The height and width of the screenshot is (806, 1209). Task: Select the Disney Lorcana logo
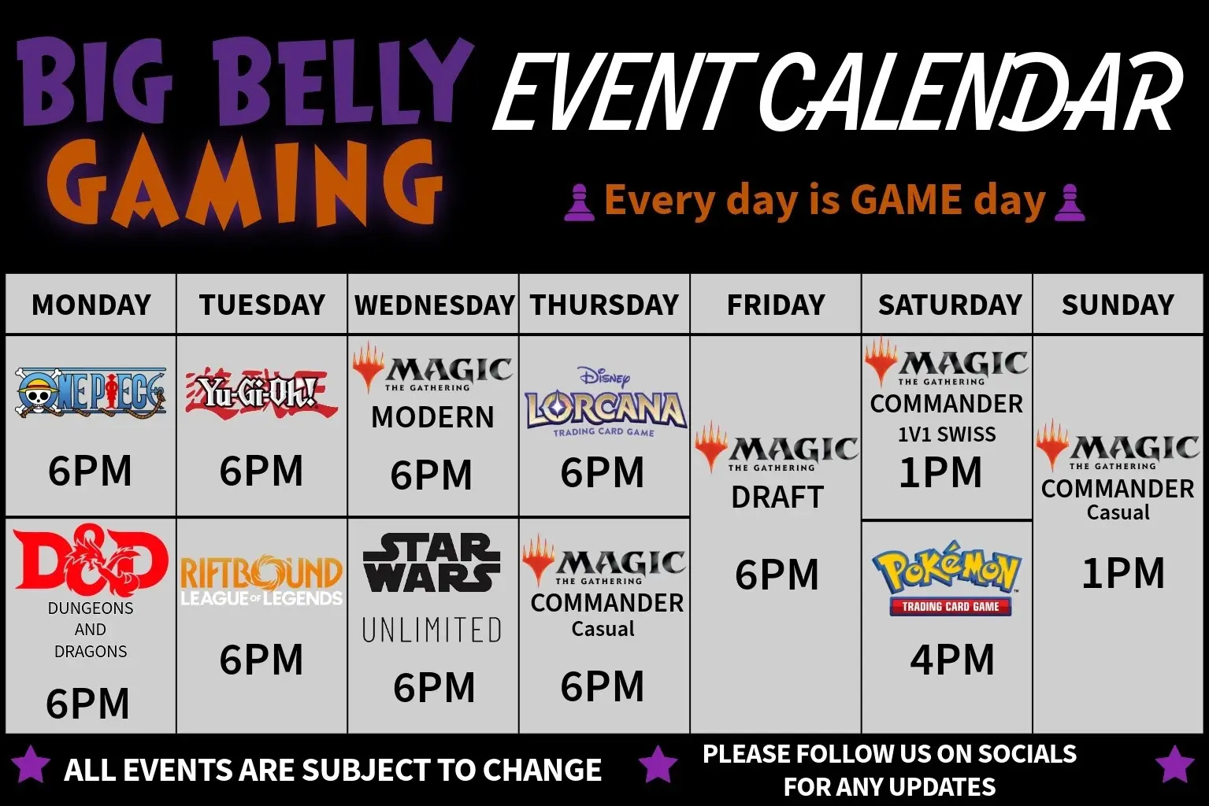click(605, 402)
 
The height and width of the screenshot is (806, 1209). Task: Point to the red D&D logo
click(91, 560)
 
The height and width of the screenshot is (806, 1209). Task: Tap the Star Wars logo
click(432, 563)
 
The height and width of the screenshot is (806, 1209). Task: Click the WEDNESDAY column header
click(435, 305)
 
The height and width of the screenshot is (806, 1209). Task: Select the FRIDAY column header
click(776, 305)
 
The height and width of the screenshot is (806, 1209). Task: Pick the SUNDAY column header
click(1118, 305)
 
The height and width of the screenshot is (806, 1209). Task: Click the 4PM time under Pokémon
click(952, 660)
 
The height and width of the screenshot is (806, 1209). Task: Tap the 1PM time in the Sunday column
click(1123, 572)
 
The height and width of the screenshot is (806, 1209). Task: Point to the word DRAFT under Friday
click(777, 497)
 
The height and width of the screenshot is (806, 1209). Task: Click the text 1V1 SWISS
click(947, 434)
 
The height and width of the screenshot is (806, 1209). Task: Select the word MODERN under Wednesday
click(433, 417)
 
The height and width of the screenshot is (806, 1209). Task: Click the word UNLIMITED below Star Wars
click(432, 630)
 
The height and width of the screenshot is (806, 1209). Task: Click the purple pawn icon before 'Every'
click(579, 202)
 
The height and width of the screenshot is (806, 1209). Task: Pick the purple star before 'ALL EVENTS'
click(31, 764)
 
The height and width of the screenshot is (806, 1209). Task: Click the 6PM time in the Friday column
click(777, 574)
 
